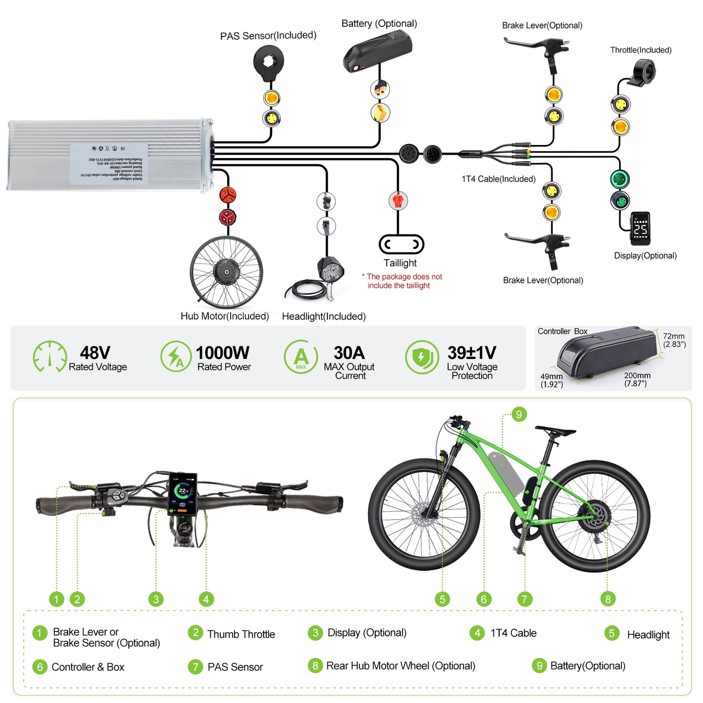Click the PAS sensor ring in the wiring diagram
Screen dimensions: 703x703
(x=269, y=61)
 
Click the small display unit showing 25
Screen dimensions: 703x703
(x=640, y=228)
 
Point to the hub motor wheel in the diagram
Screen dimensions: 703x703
(x=226, y=272)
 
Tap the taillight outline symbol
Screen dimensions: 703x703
(x=401, y=244)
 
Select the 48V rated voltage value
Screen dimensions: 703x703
(x=95, y=353)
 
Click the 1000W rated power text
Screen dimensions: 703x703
(x=222, y=353)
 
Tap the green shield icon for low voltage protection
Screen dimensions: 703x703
(x=421, y=357)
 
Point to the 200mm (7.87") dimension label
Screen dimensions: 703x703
(x=637, y=379)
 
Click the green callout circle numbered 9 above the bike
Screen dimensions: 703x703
(x=519, y=415)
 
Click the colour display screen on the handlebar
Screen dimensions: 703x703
(x=183, y=493)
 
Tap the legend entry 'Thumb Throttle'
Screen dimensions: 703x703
(x=241, y=634)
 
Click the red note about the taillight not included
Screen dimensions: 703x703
(x=402, y=281)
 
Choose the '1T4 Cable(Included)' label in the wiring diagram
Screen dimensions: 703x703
(x=499, y=179)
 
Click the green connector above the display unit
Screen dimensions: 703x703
(x=620, y=179)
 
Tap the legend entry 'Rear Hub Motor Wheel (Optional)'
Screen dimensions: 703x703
(x=400, y=666)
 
